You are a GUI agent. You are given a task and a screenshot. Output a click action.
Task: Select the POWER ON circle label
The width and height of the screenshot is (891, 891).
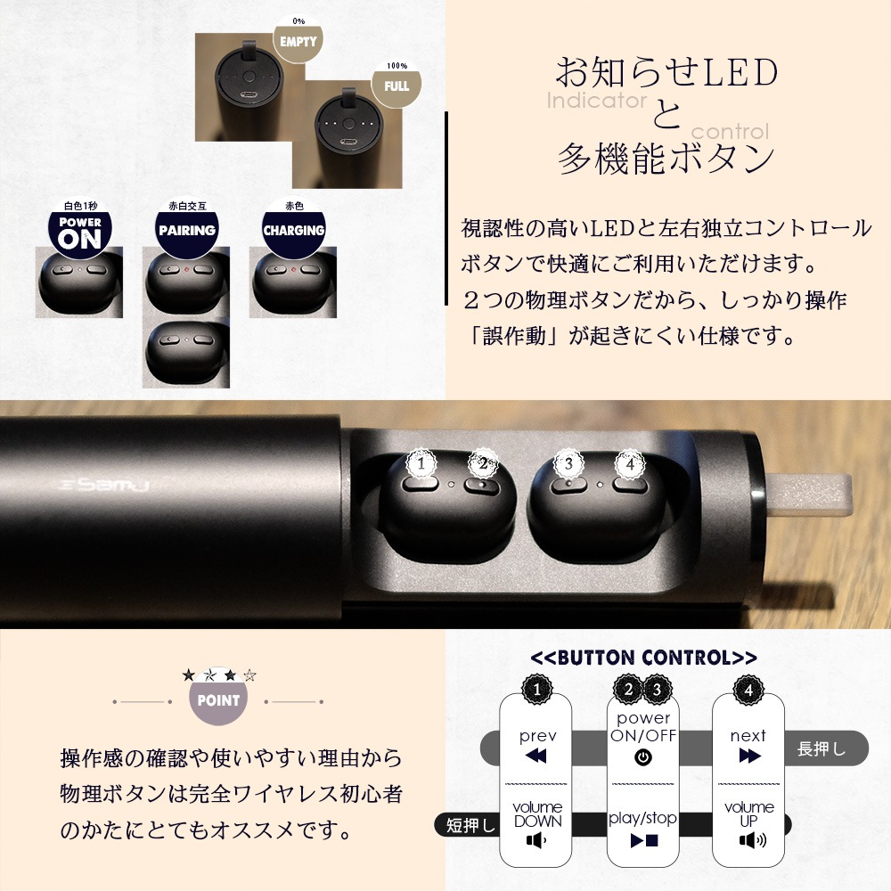coord(80,227)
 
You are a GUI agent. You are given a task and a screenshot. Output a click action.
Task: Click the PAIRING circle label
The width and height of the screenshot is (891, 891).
coord(187,227)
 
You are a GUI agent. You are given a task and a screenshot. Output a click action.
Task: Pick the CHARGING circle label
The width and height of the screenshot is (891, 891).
coord(294,227)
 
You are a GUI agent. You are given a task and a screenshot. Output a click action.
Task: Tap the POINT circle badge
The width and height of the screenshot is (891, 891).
coord(219,699)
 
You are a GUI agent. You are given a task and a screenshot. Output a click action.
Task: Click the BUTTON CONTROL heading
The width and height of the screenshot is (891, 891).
coord(643,658)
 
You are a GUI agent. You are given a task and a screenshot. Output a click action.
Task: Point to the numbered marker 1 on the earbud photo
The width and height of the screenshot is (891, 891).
coord(421,463)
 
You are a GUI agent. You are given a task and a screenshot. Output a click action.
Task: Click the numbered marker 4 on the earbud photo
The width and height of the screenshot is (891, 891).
coord(630,463)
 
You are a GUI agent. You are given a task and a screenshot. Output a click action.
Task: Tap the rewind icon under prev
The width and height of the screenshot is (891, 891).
coord(535,756)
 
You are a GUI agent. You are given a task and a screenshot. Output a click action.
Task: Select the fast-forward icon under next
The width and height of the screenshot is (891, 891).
coord(750,756)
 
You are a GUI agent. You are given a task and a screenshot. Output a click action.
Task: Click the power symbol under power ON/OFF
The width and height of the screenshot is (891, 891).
coord(643,757)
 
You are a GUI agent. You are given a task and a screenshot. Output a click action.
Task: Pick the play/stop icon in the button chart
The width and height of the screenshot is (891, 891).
coord(644,840)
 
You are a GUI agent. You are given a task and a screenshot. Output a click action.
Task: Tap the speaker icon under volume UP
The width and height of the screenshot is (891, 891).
coord(752,840)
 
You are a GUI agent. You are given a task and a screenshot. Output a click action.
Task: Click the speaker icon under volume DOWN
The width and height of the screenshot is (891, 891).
coord(536,840)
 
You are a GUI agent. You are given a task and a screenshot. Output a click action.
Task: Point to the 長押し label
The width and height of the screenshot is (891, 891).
coord(822,749)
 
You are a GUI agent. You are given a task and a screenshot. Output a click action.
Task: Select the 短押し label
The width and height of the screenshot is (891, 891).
coord(470,825)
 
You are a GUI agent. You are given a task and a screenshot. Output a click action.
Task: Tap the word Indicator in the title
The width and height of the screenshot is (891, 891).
coord(597,101)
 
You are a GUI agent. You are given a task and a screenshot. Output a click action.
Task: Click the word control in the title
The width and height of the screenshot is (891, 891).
coord(731,132)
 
